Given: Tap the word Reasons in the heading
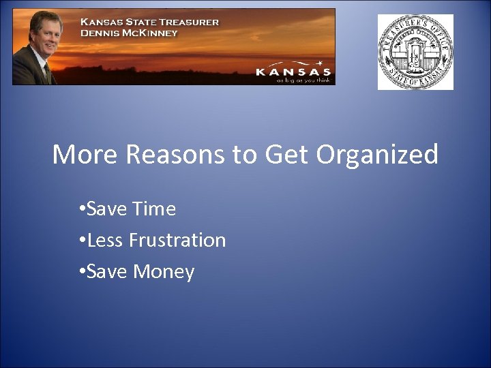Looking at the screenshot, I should tap(175, 155).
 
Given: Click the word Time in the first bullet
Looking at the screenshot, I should tap(154, 209).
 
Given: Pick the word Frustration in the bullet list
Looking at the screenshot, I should tap(177, 240).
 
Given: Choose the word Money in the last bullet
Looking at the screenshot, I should tap(164, 272).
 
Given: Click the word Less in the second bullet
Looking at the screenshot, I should tap(105, 240).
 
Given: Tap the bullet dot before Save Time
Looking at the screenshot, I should tap(81, 209).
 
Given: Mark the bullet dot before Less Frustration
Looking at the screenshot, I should tap(81, 241).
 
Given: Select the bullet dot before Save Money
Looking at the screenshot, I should tap(81, 272).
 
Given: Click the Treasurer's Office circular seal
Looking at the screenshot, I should tap(415, 52).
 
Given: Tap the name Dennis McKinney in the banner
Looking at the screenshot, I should tap(129, 33).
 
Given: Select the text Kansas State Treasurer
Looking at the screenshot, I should tap(150, 22).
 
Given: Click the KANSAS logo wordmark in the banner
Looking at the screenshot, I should tap(293, 71).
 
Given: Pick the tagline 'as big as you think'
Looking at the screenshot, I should tap(303, 80).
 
